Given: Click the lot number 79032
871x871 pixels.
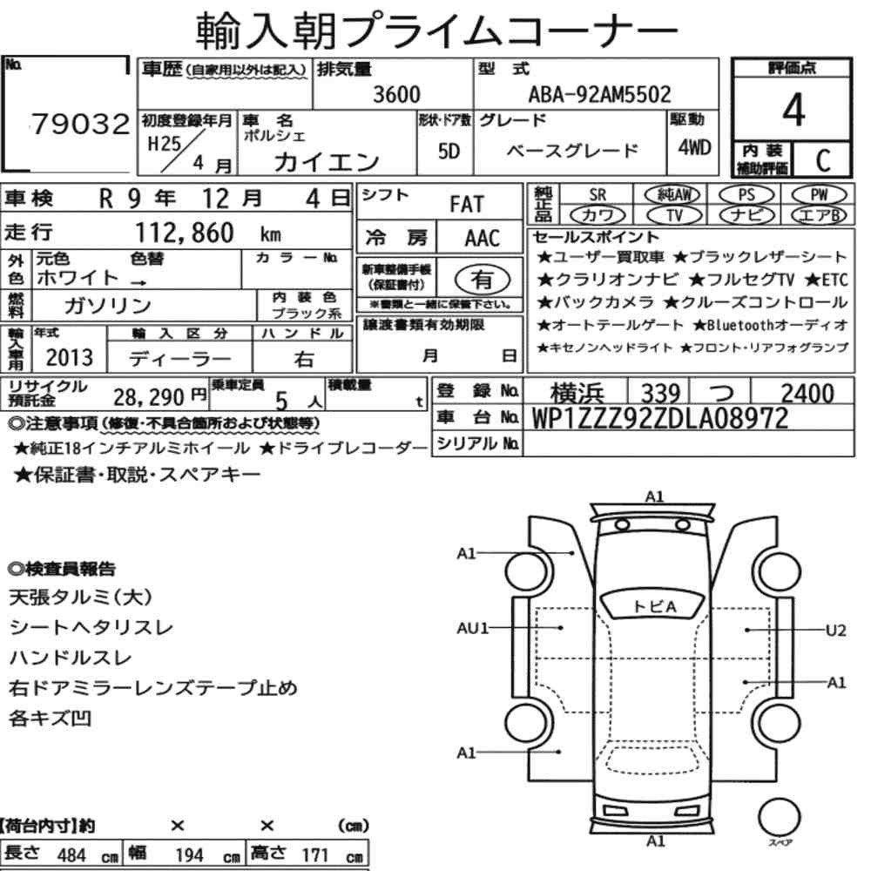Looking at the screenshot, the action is (80, 124).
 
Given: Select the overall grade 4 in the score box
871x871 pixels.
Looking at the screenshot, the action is (793, 110).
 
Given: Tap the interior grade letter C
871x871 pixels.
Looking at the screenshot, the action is (823, 160).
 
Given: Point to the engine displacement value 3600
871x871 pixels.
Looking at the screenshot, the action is (396, 94).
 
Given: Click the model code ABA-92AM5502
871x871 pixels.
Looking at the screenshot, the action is (599, 94).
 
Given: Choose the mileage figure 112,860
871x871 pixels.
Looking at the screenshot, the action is (185, 233).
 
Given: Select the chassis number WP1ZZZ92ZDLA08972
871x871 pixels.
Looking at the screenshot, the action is (660, 418).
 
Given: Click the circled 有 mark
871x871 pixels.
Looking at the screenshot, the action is (482, 280).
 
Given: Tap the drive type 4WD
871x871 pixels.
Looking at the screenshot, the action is (694, 147).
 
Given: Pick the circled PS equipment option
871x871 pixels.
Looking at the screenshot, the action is (746, 195).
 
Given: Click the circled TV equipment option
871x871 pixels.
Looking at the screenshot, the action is (674, 215).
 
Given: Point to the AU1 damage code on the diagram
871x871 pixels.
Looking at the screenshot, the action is (472, 628).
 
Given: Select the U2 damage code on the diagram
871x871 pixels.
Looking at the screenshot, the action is (836, 631).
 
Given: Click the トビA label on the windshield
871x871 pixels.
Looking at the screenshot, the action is (654, 606).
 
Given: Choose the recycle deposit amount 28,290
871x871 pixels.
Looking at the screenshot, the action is (148, 397).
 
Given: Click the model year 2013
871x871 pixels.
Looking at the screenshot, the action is (70, 357).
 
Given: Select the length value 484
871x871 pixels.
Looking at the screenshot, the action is (71, 855).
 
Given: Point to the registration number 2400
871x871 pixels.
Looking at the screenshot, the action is (807, 394).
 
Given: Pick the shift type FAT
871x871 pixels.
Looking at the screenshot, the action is (467, 205).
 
